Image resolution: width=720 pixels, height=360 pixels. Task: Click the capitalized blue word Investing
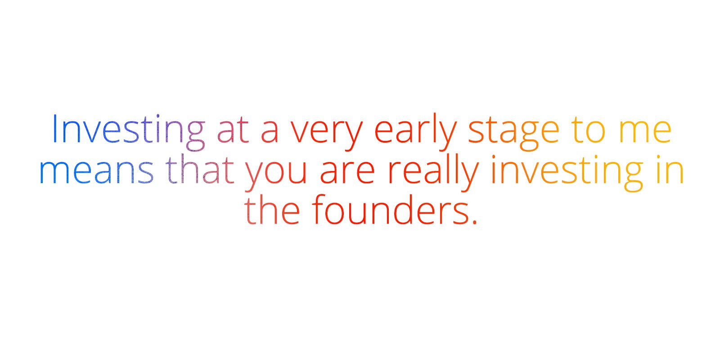pos(128,132)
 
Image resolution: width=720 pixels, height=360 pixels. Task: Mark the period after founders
pos(475,221)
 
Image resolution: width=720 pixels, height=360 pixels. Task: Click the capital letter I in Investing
pos(54,128)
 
